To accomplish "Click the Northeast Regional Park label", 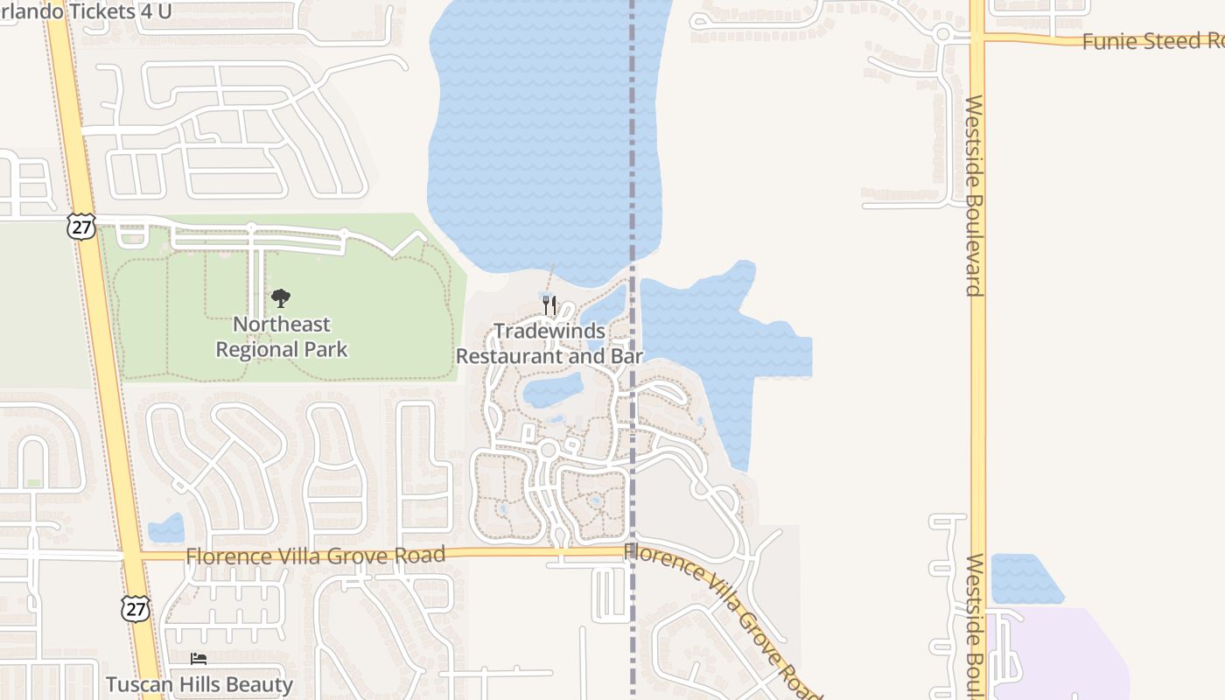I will click(281, 337).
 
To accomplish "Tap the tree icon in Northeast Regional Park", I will click(280, 299).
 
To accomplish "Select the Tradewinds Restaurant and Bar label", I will click(549, 344).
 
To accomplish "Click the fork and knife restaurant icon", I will click(549, 304).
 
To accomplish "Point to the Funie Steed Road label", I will click(1151, 41).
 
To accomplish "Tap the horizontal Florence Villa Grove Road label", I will click(315, 556).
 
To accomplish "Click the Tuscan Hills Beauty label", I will click(199, 683).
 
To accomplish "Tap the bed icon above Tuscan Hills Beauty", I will click(199, 658).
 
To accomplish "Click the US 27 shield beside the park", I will click(80, 226).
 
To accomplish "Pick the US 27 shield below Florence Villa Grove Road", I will click(136, 609).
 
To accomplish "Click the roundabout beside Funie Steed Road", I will click(942, 35).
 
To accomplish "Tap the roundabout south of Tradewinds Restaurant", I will click(549, 450).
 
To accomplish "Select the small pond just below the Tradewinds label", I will click(553, 389).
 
